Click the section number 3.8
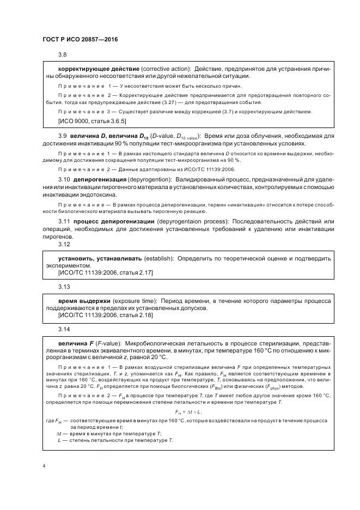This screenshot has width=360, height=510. (x=62, y=55)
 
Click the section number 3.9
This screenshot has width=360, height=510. (x=62, y=136)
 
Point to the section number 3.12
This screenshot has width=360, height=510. (x=64, y=244)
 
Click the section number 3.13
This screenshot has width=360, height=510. (x=64, y=287)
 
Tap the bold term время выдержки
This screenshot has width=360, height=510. (x=84, y=301)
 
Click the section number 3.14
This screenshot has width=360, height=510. (x=64, y=330)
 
